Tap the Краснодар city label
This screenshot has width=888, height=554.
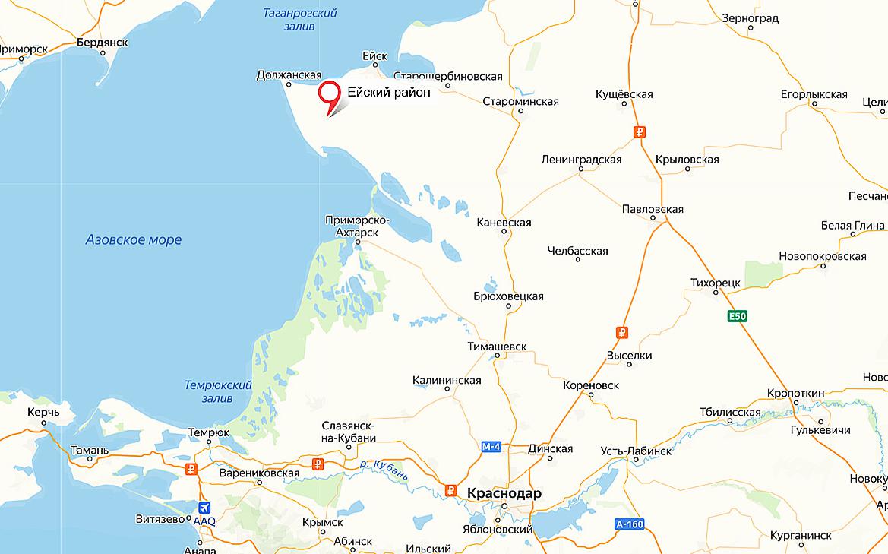pos(504,493)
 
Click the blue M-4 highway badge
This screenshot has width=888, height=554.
pos(491,448)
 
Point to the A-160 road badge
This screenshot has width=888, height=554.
pos(629,524)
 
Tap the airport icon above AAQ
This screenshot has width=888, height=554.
pos(204,508)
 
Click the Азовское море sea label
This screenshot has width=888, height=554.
pos(134,240)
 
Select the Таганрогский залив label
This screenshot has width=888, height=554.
pos(299,20)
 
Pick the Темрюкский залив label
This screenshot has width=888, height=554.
pos(218,391)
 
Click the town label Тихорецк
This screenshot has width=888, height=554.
pos(715,282)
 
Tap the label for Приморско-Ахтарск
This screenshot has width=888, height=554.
pos(357,226)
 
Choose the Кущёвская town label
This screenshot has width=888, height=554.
pos(625,93)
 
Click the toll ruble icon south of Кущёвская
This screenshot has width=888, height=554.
pos(640,131)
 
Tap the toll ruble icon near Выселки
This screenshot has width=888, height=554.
pos(621,332)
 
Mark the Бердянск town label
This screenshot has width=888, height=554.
pos(102,43)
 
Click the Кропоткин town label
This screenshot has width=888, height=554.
pos(795,392)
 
